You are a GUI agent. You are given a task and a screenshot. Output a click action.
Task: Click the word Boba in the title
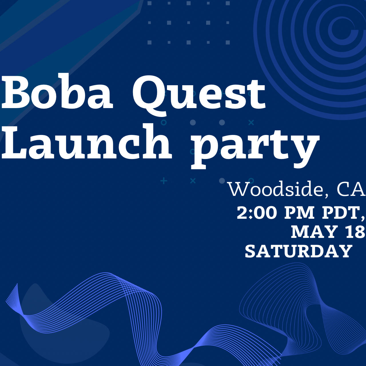pos(57,92)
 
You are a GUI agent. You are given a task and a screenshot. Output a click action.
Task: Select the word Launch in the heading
pos(86,141)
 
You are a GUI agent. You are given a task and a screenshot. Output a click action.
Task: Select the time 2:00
pos(256,213)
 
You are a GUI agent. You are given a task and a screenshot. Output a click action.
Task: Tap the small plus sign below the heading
pos(164,181)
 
